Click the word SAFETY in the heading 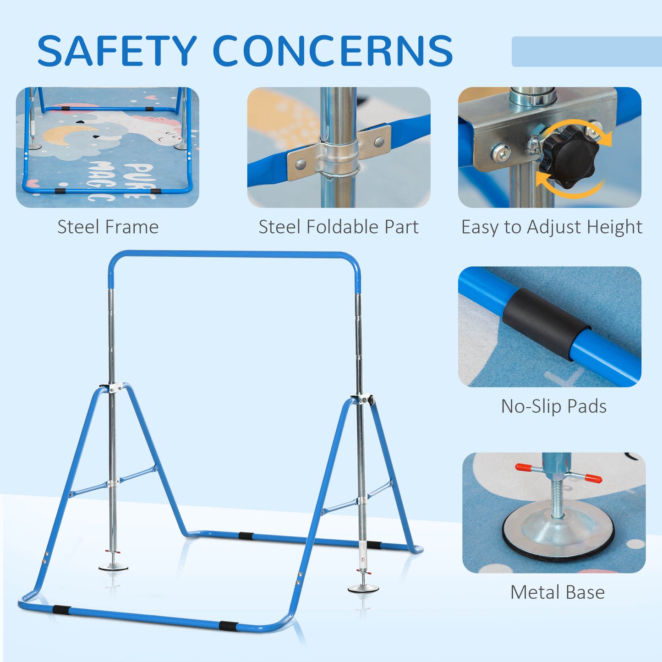click(117, 51)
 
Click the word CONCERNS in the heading click(333, 51)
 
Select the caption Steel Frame click(108, 227)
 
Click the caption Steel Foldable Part click(339, 227)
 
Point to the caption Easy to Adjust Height click(552, 227)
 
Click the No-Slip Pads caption click(553, 406)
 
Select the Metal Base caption click(557, 592)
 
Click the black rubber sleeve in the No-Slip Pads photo click(545, 323)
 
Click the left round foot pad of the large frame click(113, 567)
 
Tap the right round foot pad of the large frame click(363, 588)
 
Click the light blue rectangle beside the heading click(586, 51)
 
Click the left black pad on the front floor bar click(61, 610)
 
